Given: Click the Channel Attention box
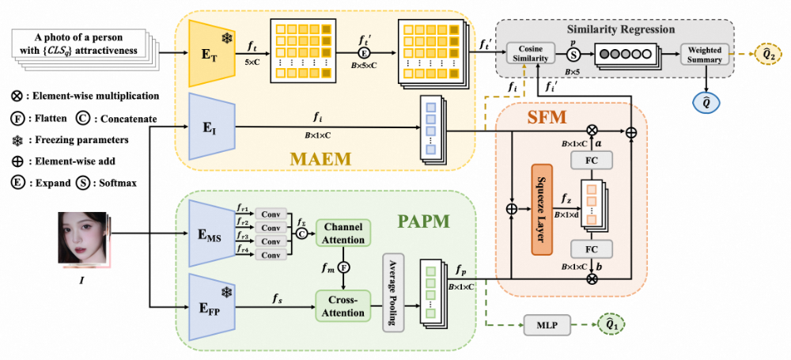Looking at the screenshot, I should (x=345, y=233).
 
